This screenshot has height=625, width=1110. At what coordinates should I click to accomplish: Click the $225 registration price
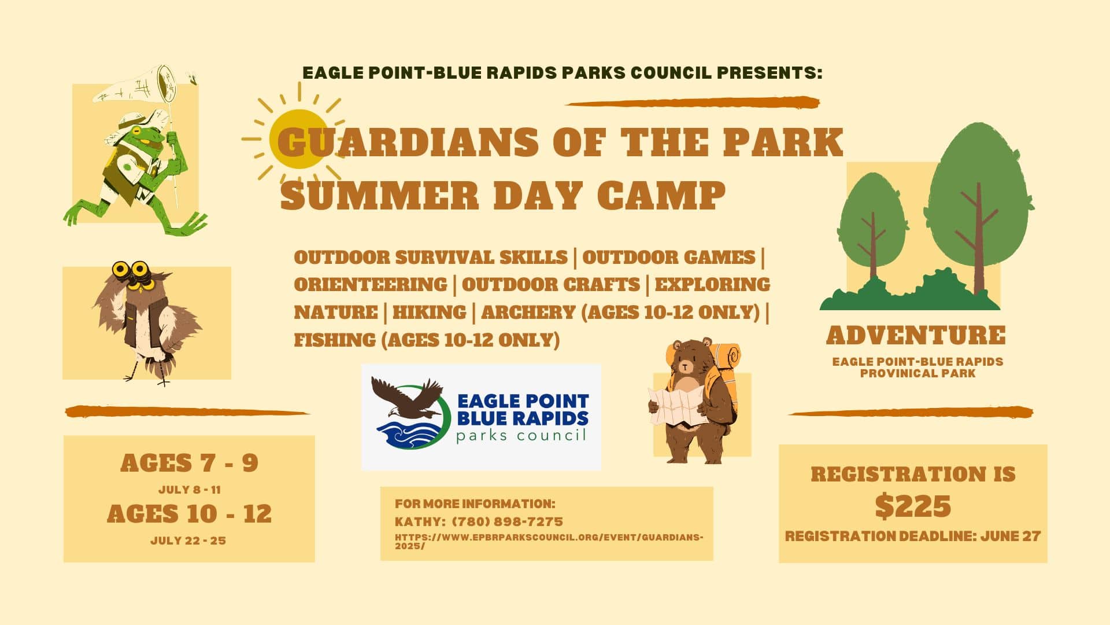(913, 506)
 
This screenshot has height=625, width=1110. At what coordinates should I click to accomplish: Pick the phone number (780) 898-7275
(507, 521)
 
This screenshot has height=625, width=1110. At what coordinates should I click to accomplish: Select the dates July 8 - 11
(190, 490)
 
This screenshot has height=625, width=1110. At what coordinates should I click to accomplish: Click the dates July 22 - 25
(188, 541)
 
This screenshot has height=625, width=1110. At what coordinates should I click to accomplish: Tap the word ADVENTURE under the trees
(916, 335)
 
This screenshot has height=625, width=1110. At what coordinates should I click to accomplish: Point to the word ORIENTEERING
(371, 284)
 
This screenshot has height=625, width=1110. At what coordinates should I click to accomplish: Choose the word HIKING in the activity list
(429, 312)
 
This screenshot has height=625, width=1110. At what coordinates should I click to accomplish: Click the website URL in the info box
(549, 541)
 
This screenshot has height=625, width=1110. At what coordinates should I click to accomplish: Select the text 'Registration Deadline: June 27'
(913, 536)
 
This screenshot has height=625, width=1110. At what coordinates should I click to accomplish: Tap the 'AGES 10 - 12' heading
(189, 514)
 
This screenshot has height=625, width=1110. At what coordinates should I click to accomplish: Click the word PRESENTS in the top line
(769, 73)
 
